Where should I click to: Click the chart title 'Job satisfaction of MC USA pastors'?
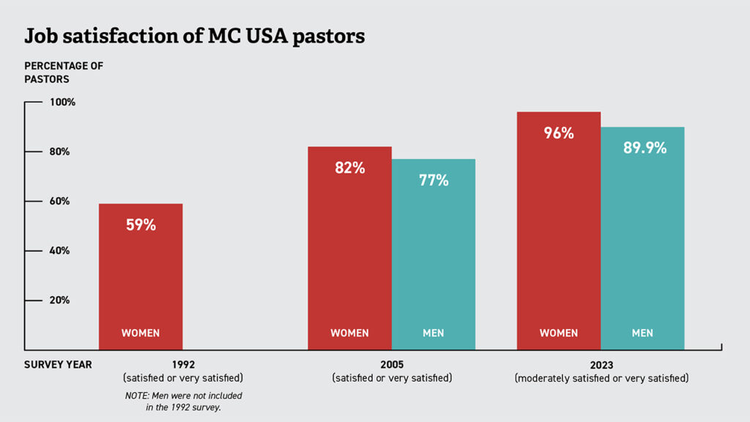pos(194,36)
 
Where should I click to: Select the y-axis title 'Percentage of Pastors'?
pos(64,72)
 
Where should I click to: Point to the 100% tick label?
pos(62,102)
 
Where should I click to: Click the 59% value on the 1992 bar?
pos(140,225)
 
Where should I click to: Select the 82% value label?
pos(349,168)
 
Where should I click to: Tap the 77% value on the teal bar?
pos(433,180)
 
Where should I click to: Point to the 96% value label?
pos(558,133)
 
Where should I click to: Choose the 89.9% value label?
pos(645,148)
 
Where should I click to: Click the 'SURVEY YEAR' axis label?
pos(58,365)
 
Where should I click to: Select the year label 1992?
pos(183,365)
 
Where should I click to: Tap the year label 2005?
pos(392,365)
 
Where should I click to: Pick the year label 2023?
pos(601,365)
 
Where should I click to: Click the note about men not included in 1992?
pos(183,401)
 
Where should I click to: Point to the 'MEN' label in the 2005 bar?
pos(433,333)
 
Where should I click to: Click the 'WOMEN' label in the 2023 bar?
pos(559,333)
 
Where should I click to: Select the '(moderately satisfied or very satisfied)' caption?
pos(601,379)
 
